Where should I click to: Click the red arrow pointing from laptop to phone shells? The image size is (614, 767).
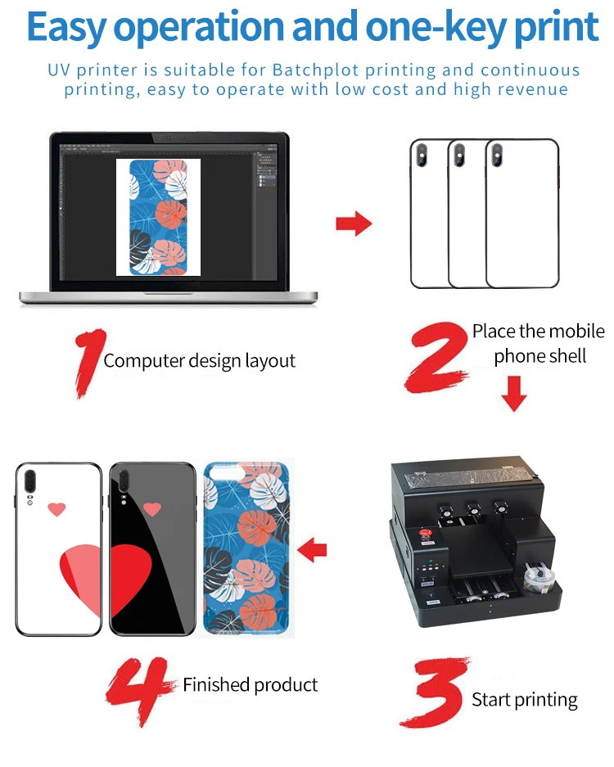[354, 223]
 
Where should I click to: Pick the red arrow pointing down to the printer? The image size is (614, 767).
[514, 394]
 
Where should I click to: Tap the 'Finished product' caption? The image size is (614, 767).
[250, 684]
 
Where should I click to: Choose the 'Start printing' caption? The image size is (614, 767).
[524, 700]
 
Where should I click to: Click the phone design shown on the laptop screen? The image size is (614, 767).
[158, 216]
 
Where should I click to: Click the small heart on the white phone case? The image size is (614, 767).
[56, 509]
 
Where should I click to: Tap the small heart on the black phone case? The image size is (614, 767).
[151, 509]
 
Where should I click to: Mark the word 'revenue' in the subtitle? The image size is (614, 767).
[533, 90]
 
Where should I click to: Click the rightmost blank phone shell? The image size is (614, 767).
[521, 214]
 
